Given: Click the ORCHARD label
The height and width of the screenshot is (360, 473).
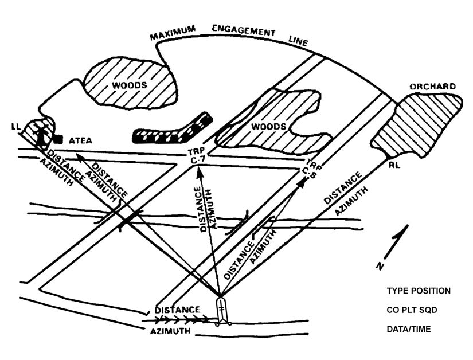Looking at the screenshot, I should coord(432,87).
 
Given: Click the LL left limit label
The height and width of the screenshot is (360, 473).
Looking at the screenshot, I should coord(15,126).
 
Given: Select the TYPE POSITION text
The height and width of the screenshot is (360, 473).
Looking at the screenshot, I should coord(418,291).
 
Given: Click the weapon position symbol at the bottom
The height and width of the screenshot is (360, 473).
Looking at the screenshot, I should coord(221,310).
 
